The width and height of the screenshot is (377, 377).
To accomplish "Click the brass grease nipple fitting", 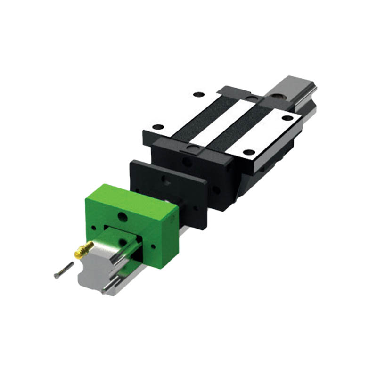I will [x=82, y=250].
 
